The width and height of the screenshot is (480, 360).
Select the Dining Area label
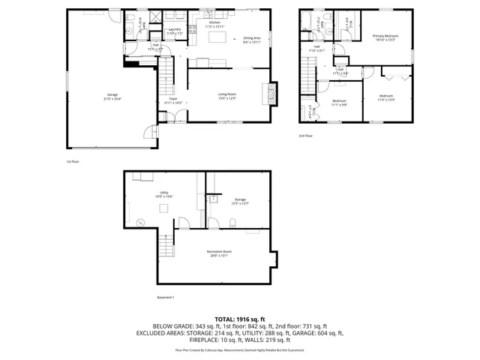[x=251, y=40]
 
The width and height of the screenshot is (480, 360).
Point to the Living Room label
[x=226, y=97]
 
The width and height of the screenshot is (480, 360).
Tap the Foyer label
[x=172, y=101]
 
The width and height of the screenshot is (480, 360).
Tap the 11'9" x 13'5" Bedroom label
[x=386, y=97]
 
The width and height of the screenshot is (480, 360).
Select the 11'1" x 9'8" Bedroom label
[x=339, y=103]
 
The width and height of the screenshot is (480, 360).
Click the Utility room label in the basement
[x=163, y=193]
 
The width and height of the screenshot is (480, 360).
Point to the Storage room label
[x=239, y=201]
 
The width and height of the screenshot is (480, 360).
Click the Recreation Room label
[x=219, y=253]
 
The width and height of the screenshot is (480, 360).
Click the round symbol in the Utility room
[x=139, y=220]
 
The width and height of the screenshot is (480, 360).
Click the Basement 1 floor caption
[x=165, y=298]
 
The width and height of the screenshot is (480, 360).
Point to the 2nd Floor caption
[x=304, y=136]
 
